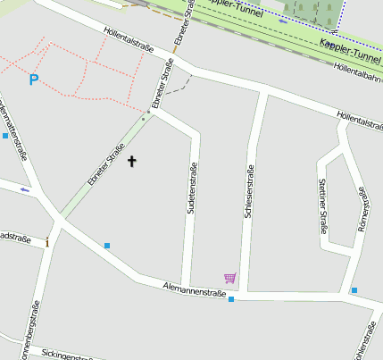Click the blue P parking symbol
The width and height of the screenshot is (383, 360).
(34, 80)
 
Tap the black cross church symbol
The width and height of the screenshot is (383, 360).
(132, 162)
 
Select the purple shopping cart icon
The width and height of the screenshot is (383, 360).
(230, 279)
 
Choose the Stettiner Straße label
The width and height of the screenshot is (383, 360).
(322, 205)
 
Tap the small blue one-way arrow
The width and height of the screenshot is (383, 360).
(24, 189)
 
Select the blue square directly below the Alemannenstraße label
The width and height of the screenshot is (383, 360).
(231, 299)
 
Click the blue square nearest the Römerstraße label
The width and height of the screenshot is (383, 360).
(354, 290)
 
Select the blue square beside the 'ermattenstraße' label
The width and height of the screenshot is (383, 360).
(5, 137)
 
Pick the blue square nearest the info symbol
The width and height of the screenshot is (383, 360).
(107, 245)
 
